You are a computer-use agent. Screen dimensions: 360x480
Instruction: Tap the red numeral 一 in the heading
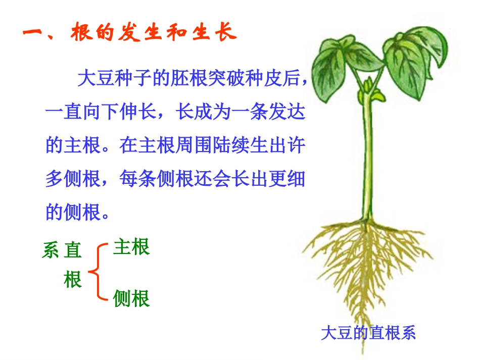tap(35, 34)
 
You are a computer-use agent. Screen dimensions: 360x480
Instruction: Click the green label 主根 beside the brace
tap(131, 247)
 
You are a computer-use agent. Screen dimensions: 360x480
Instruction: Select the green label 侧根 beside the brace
tap(131, 298)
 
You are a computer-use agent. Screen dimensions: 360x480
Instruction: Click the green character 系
tap(51, 250)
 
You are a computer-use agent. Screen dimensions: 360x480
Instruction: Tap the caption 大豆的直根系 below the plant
tap(368, 333)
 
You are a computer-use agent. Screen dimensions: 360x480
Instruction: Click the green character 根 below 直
tap(73, 279)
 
